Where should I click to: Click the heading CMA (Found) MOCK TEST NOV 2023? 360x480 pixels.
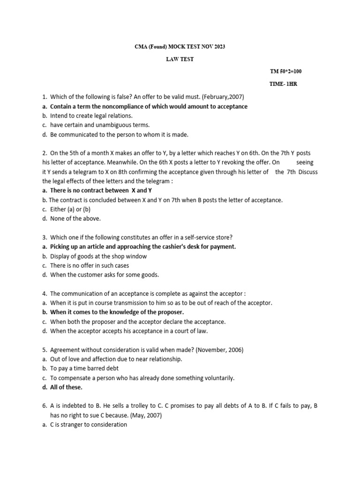180,47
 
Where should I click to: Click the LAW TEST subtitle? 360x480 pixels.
180,59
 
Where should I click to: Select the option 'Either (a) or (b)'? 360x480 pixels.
70,209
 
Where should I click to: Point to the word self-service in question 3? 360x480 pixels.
177,237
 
